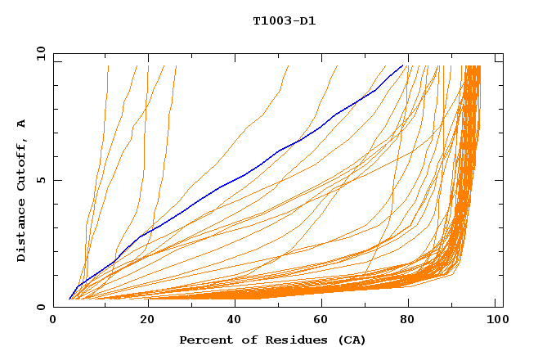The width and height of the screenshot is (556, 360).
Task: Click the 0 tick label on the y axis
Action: pos(41,307)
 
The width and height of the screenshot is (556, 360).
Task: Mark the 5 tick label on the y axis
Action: pos(41,180)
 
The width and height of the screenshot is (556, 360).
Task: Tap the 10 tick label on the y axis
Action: pos(38,54)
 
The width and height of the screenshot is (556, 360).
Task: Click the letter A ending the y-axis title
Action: pos(22,124)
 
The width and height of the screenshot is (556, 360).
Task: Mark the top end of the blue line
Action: pos(402,65)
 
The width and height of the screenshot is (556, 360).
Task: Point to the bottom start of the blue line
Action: pos(69,299)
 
